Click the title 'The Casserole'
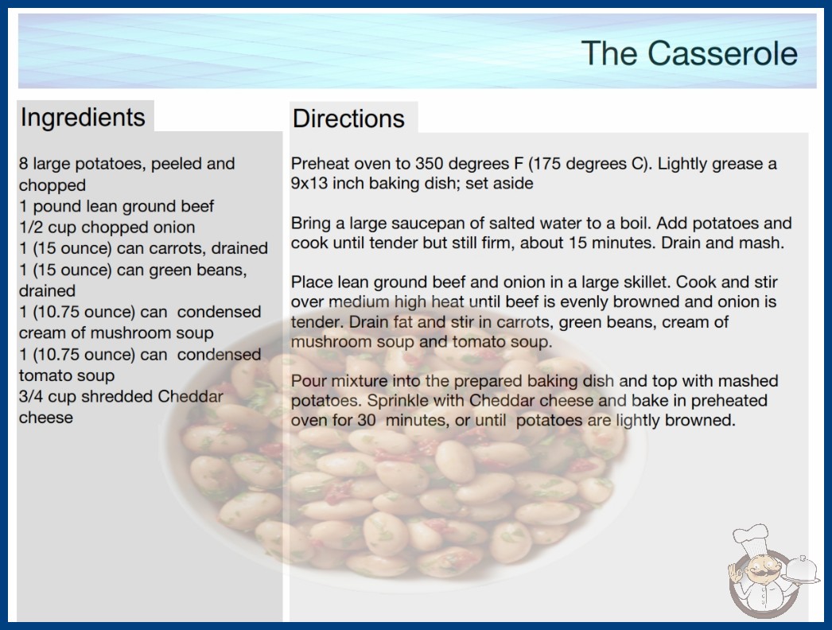coord(690,52)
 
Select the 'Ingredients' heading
coord(83,117)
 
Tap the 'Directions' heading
coord(348,119)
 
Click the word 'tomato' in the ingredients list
coord(41,375)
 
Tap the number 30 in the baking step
coord(367,420)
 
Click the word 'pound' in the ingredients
coord(56,207)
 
